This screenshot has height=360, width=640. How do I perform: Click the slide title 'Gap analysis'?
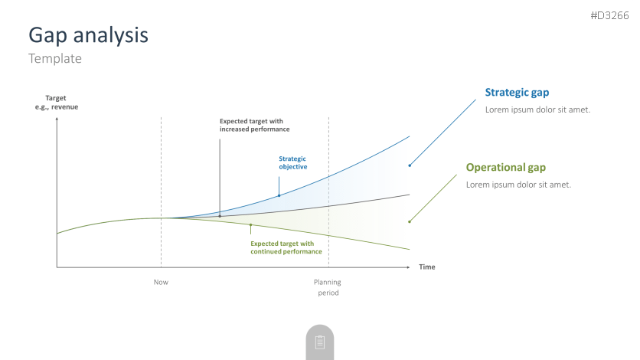[88, 35]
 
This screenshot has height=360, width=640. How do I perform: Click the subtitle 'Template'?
[55, 58]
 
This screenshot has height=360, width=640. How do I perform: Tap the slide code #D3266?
[609, 15]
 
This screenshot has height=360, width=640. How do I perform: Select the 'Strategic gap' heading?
[517, 93]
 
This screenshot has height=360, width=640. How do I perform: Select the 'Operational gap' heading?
[506, 168]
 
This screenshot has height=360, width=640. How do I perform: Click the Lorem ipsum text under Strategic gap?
[537, 110]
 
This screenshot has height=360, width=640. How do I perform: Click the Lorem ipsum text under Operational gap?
[518, 185]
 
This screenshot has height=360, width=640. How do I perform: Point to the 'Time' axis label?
[427, 267]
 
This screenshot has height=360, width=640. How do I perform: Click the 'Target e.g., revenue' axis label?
[57, 103]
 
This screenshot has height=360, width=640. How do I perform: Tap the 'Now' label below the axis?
[161, 282]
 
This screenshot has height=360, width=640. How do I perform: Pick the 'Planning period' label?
[328, 287]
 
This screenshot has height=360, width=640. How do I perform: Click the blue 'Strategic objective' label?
[293, 163]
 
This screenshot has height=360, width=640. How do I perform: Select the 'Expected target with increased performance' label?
[255, 126]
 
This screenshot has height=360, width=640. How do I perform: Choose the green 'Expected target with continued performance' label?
[286, 247]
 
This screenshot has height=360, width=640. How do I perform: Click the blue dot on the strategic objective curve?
[279, 196]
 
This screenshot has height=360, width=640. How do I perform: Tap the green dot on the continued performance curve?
[250, 225]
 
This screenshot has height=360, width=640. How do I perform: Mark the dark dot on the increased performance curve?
[220, 216]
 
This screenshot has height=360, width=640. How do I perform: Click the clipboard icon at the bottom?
[320, 342]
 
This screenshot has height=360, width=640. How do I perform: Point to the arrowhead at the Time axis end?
[408, 267]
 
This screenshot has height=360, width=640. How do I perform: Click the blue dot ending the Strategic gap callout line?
[410, 165]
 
